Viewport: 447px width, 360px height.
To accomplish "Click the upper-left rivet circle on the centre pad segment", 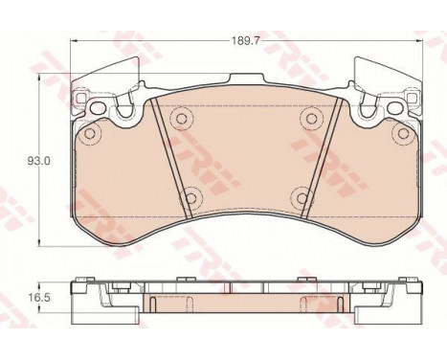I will tap(179, 118).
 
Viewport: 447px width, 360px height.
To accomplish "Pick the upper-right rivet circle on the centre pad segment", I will tap(309, 118).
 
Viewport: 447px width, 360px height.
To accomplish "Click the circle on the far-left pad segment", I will tap(91, 134).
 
